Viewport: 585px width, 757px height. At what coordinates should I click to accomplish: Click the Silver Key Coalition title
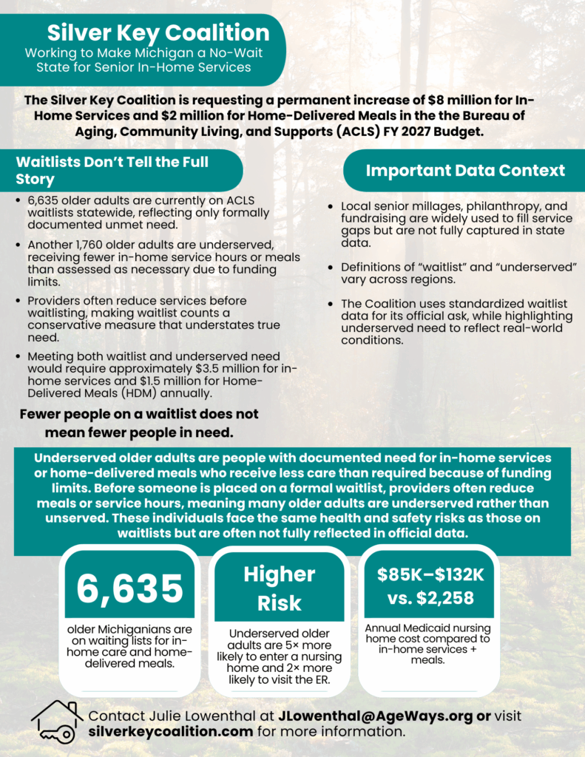pyautogui.click(x=158, y=33)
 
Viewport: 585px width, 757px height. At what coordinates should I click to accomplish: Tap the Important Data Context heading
pyautogui.click(x=465, y=171)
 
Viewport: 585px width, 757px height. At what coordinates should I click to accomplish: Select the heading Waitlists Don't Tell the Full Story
pyautogui.click(x=112, y=170)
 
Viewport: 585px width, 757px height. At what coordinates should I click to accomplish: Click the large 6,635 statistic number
pyautogui.click(x=130, y=588)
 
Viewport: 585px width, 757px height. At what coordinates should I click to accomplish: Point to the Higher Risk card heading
pyautogui.click(x=280, y=588)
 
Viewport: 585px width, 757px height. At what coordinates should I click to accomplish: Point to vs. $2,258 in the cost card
pyautogui.click(x=425, y=598)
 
